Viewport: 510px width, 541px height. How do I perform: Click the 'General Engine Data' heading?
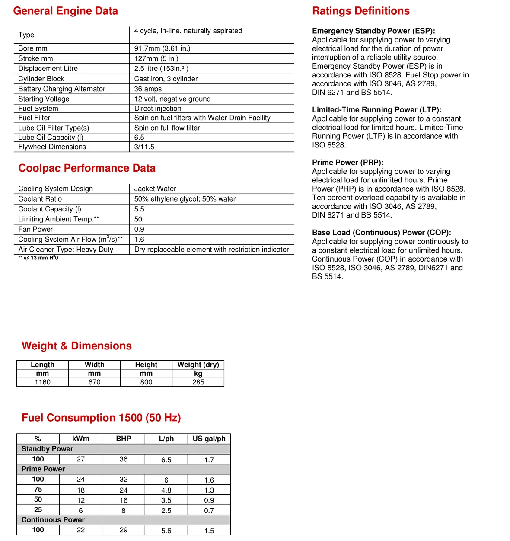coord(65,11)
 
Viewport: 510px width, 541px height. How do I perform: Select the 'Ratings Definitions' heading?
coord(361,11)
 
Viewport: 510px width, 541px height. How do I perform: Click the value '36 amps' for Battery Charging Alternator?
coord(148,89)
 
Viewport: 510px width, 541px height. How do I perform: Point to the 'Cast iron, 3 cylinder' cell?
coord(166,79)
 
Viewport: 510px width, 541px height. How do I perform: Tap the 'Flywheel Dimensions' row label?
coord(52,147)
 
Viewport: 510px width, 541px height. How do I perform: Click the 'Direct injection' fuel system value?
coord(158,109)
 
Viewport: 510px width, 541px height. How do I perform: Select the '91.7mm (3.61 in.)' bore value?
coord(162,48)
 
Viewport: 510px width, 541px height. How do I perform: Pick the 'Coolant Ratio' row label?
coord(40,199)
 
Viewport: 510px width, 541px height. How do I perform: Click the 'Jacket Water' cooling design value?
coord(155,189)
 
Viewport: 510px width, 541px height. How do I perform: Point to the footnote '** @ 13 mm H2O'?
coord(38,258)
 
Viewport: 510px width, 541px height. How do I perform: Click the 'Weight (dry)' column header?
coord(198,365)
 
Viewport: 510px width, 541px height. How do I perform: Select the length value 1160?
coord(42,382)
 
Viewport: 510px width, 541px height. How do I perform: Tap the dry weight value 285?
coord(198,382)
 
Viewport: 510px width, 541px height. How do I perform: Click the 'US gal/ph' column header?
coord(209,439)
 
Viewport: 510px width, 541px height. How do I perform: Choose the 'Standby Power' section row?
coord(47,449)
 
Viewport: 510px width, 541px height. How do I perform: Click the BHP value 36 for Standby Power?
coord(124,459)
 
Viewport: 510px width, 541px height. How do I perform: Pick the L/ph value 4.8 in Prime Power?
coord(166,490)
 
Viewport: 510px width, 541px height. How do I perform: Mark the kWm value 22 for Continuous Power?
coord(81,530)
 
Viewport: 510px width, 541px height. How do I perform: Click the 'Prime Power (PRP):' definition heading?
coord(347,163)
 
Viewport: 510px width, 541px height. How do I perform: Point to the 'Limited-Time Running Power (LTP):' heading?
coord(376,110)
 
